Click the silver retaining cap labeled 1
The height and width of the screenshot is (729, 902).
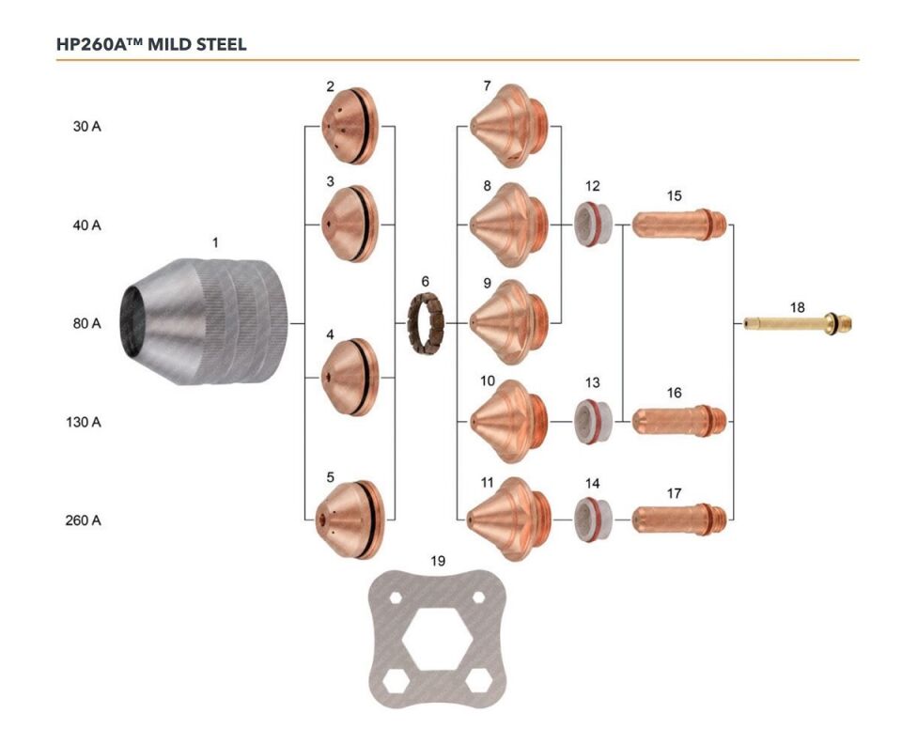[203, 321]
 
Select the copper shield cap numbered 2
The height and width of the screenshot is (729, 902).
[350, 126]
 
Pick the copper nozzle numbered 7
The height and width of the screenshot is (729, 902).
[509, 126]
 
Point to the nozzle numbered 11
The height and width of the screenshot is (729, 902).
[508, 519]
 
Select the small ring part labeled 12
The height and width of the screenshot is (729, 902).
[593, 225]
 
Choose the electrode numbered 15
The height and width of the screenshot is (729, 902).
[679, 225]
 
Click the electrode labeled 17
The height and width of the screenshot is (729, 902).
[679, 519]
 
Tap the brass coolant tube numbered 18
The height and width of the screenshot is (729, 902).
[798, 324]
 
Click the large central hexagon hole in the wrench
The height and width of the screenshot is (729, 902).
[438, 640]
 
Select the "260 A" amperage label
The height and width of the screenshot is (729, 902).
[83, 520]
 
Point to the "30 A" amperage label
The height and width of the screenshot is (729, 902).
[86, 127]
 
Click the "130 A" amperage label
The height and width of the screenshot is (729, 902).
[84, 423]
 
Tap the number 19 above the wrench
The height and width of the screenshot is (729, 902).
[438, 561]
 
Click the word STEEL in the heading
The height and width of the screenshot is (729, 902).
[222, 44]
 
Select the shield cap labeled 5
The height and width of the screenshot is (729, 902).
[349, 520]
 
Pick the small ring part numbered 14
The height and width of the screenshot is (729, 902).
[593, 520]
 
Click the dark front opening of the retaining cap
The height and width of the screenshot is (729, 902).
[134, 321]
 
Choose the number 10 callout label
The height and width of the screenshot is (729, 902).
[488, 380]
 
